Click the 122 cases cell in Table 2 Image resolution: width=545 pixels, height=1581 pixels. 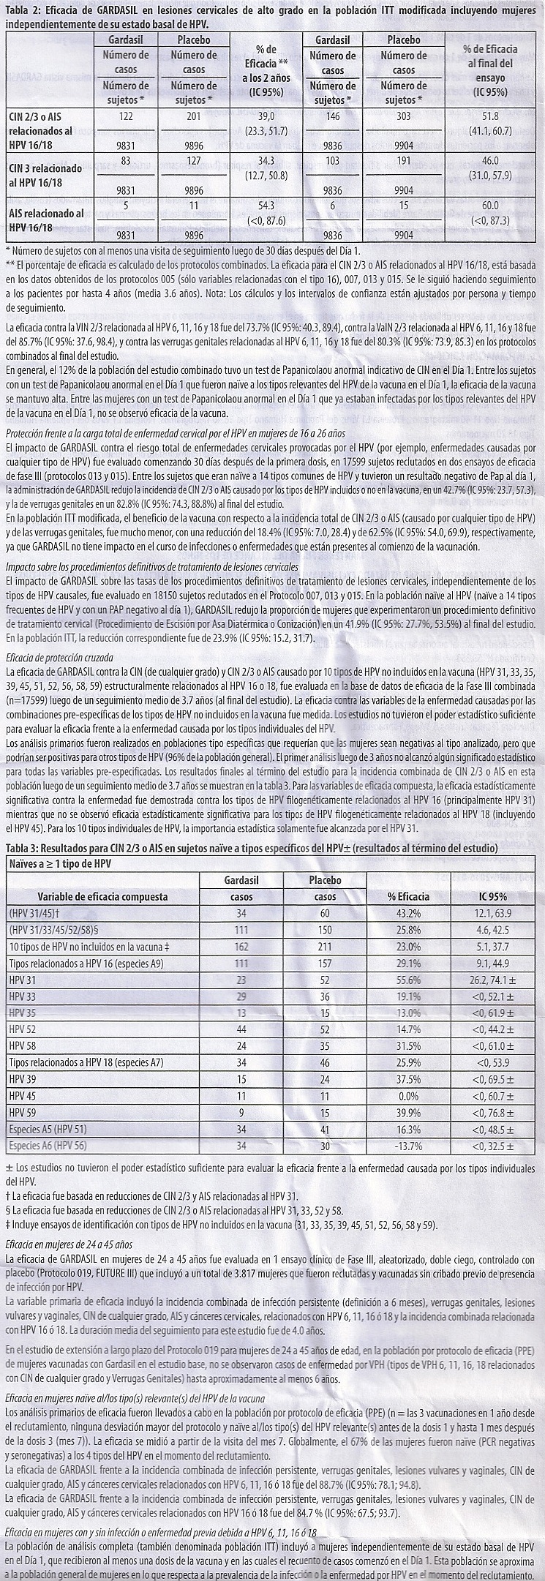126,116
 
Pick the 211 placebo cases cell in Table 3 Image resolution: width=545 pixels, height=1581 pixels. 325,946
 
